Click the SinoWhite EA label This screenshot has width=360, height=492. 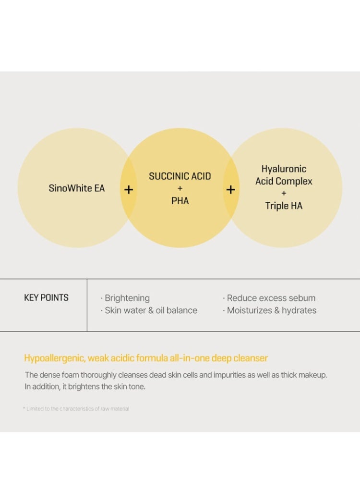point(76,188)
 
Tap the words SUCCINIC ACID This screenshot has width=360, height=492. point(180,176)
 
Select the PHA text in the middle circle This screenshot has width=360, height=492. point(180,200)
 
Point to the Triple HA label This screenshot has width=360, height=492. point(284,206)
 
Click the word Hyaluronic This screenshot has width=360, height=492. point(284,169)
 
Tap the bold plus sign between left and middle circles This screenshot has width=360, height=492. point(129,189)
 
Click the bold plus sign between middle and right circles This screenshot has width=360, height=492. point(231,189)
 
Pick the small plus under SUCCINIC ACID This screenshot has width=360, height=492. point(180,188)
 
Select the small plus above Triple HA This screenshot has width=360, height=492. point(284,193)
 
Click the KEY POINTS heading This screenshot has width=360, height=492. point(47,297)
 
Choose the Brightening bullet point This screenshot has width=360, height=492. point(125,298)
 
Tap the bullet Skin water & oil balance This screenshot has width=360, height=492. point(149,310)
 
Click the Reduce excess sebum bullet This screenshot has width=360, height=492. point(269,298)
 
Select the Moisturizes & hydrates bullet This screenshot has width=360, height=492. point(270,310)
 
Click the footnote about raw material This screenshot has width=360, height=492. point(76,408)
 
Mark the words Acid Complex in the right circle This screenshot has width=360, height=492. point(284,181)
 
